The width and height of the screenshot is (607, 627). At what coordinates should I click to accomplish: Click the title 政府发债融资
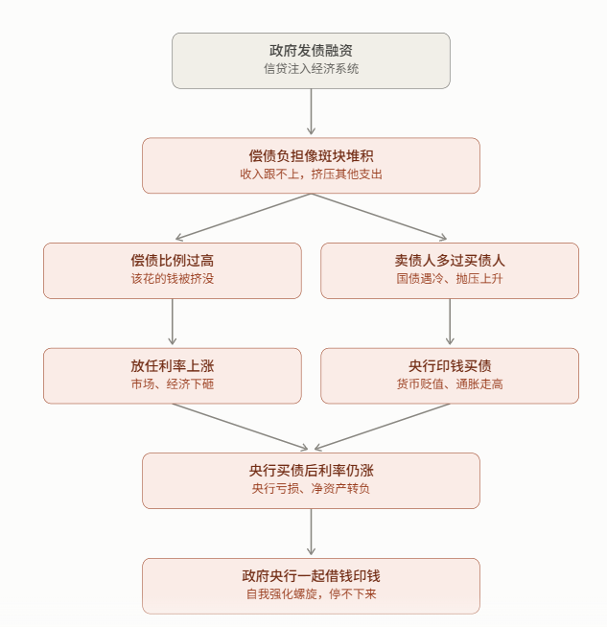[311, 51]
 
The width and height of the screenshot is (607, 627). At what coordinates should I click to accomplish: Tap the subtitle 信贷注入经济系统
[311, 69]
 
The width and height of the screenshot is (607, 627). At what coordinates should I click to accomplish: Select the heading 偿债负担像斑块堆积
[311, 156]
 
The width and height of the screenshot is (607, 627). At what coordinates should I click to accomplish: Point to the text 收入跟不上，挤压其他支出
[311, 174]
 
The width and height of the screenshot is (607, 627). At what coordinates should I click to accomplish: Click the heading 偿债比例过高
[173, 261]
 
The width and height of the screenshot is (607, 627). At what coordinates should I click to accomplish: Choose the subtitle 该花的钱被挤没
[173, 279]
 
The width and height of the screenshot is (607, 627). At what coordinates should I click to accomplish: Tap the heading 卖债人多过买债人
[450, 261]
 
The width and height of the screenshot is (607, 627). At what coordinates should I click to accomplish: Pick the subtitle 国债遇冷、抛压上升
[450, 279]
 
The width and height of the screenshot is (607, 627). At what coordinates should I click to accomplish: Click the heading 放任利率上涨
[173, 366]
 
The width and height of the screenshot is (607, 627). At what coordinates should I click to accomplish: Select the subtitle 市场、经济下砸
[173, 383]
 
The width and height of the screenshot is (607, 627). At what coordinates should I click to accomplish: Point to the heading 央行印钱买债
[450, 366]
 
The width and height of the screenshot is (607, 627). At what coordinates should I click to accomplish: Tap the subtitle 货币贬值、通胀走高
[450, 383]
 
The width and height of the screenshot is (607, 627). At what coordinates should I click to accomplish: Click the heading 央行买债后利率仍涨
[311, 471]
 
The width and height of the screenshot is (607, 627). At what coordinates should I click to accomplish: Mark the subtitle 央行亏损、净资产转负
[311, 489]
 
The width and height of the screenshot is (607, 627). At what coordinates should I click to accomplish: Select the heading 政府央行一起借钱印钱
[311, 576]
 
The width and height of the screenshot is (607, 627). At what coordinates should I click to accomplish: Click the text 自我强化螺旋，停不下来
[311, 593]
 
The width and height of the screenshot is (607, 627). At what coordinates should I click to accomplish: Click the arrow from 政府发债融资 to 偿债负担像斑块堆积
[311, 111]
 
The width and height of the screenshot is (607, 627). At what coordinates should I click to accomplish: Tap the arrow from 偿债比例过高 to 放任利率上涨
[173, 321]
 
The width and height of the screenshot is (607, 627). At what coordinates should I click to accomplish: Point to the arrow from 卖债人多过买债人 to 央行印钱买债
[450, 321]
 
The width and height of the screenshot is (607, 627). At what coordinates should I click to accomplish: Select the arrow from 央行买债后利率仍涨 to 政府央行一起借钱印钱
[311, 532]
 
